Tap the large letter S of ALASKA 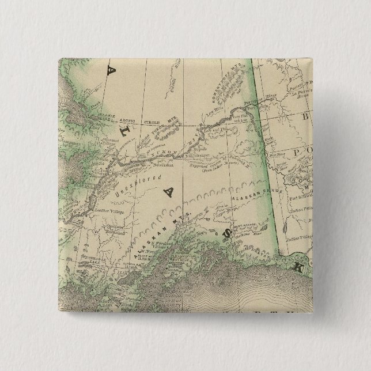click(228, 233)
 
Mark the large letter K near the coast click(297, 267)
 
